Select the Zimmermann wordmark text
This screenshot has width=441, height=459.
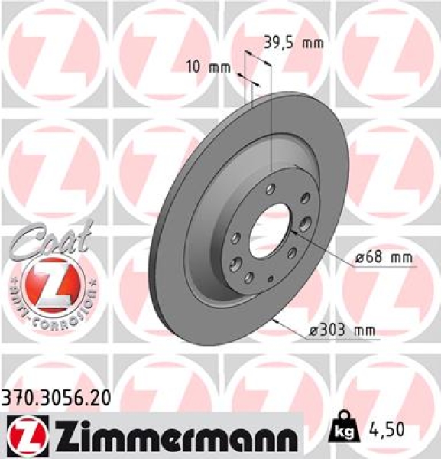click(173, 438)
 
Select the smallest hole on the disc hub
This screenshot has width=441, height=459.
click(274, 275)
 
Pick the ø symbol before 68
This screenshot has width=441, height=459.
click(358, 260)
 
